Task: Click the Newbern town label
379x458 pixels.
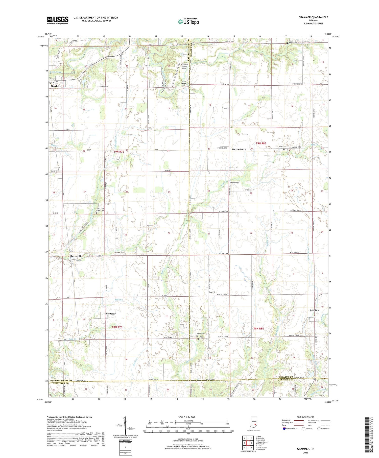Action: (56, 86)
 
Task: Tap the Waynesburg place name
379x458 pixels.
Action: (239, 149)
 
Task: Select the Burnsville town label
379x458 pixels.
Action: (76, 256)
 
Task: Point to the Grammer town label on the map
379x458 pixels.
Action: (110, 314)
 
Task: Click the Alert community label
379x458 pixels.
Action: (212, 292)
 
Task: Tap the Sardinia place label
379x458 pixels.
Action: (315, 310)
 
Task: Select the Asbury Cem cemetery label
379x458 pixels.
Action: (234, 182)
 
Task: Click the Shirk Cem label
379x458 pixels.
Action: (282, 147)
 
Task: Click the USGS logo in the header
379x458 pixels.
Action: (58, 20)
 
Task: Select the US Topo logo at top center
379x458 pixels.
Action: (188, 21)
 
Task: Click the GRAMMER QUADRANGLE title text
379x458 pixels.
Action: (313, 17)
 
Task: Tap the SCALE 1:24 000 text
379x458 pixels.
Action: (188, 417)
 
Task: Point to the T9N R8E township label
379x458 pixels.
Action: (261, 143)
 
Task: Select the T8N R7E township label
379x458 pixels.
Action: (117, 327)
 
